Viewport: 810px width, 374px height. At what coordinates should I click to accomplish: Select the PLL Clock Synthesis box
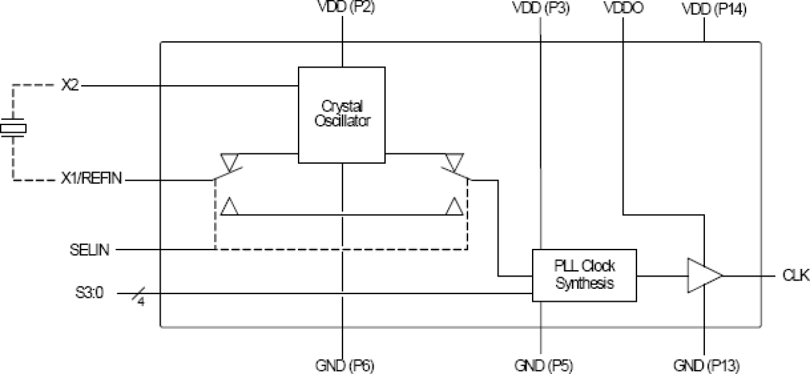click(584, 274)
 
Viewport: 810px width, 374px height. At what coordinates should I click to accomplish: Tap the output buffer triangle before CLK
click(703, 275)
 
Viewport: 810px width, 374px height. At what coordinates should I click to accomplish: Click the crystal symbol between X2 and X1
click(13, 129)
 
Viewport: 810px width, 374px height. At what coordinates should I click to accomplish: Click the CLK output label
click(796, 275)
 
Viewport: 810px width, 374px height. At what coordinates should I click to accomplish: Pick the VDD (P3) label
click(540, 9)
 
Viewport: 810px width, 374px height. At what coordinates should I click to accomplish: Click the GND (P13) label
click(704, 365)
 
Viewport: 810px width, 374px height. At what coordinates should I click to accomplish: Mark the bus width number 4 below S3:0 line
click(141, 302)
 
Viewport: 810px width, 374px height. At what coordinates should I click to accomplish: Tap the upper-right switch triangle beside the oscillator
click(455, 159)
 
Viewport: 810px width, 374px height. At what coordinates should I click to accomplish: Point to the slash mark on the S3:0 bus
click(137, 295)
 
